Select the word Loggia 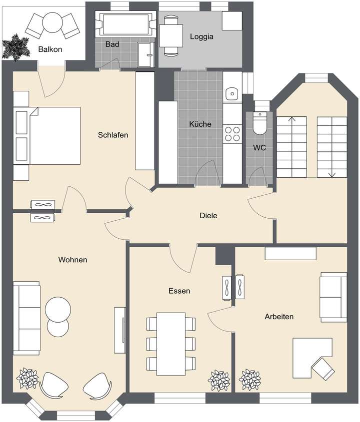(x=201, y=36)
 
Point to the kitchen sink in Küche (x=231, y=93)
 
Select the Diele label (x=208, y=216)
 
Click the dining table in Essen (x=170, y=344)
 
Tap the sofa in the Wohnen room (x=26, y=318)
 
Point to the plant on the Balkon (x=14, y=47)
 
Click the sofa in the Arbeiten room (x=333, y=297)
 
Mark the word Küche (x=200, y=124)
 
